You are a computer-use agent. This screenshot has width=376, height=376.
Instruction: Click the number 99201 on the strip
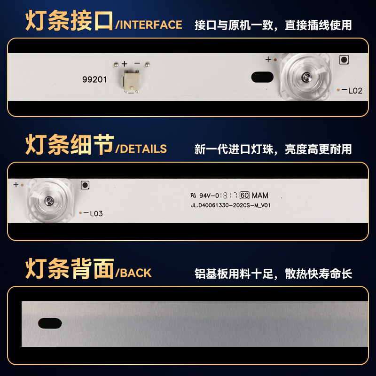(x=94, y=79)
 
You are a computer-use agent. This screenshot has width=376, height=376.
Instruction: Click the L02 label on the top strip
(x=355, y=91)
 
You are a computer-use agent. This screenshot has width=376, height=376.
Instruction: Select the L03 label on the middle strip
(x=96, y=213)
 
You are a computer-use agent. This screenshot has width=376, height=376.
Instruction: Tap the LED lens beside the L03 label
(x=49, y=201)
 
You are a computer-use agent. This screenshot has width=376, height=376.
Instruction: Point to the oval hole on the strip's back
(x=50, y=323)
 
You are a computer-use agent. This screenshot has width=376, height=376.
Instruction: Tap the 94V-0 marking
(x=210, y=196)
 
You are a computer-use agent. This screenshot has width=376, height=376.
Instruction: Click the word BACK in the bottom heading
(x=136, y=273)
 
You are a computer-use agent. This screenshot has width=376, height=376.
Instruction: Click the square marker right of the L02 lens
(x=344, y=60)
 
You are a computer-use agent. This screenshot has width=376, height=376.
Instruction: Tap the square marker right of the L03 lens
(x=85, y=185)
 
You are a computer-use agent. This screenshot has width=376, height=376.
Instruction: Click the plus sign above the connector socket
(x=125, y=63)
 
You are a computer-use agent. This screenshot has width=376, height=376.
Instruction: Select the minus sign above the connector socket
(x=137, y=63)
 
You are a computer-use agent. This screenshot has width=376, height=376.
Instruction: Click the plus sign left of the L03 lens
(x=16, y=185)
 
